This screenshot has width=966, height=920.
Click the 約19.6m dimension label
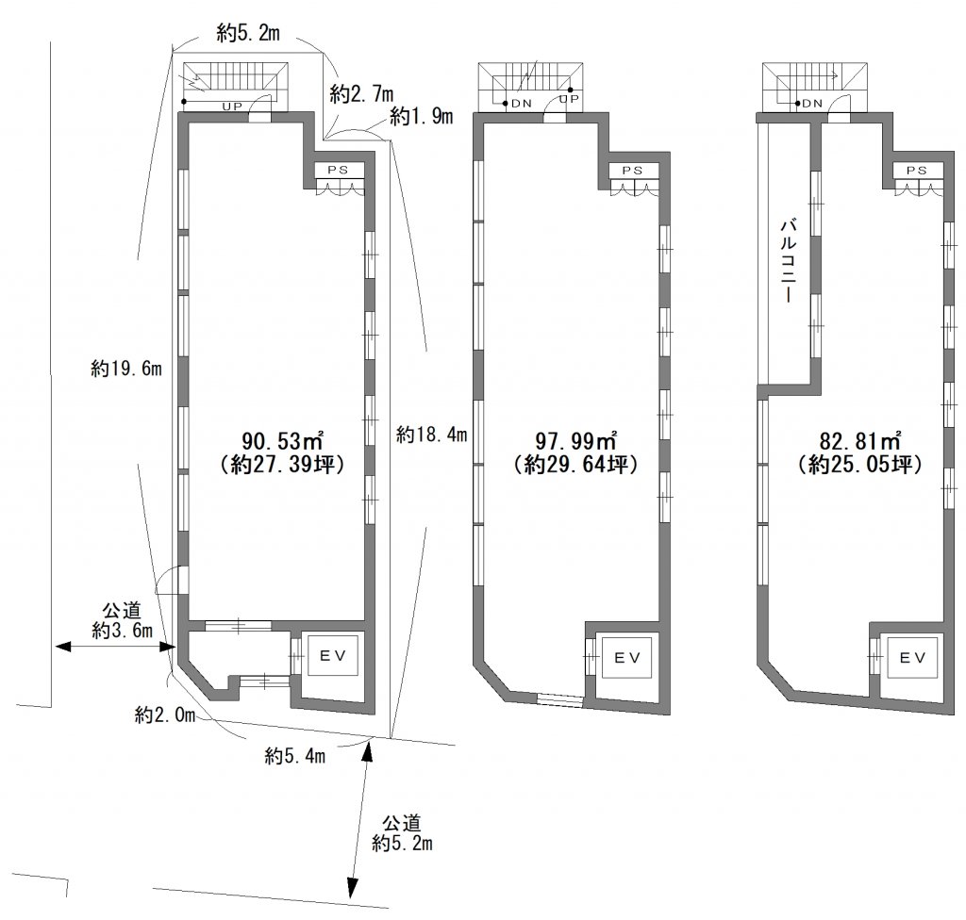coord(126,369)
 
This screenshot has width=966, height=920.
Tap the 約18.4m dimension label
coord(431,435)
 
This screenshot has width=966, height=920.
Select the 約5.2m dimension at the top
coord(248,32)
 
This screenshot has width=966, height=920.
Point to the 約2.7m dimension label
coord(361,93)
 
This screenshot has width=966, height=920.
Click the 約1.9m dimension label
coord(422,115)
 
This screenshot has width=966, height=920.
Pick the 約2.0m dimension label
coord(165,715)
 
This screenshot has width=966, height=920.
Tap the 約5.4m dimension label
coord(294,755)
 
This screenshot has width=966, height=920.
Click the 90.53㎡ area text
coord(282,441)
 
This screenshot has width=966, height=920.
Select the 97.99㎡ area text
coord(576,441)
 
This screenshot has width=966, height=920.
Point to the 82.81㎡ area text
coord(860,441)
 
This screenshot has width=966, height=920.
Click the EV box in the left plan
coord(333,656)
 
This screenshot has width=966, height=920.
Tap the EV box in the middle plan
coord(627,658)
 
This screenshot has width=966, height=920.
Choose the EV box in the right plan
coord(912,658)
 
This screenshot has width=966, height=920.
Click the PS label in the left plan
coord(338,170)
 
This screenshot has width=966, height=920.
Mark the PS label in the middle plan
coord(632,171)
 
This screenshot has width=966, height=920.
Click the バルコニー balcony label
coord(787,259)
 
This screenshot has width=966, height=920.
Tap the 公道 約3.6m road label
coord(122,621)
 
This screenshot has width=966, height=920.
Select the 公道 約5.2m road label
coord(402,833)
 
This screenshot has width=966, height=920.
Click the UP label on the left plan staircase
coord(232,107)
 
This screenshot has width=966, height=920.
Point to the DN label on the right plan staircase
coord(812,104)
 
